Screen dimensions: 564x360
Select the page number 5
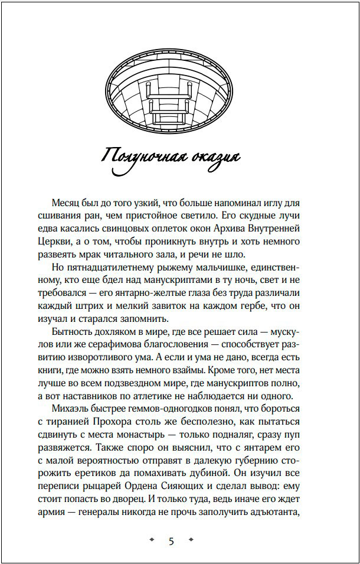coord(172,542)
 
